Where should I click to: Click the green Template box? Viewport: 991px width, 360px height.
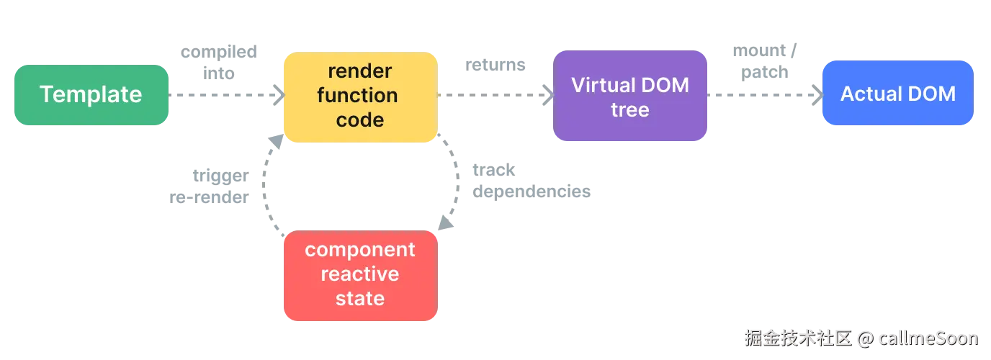(91, 94)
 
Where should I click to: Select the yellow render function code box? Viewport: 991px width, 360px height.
(359, 96)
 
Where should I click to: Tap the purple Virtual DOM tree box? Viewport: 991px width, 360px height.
(630, 96)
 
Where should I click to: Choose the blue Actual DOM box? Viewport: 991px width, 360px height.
(897, 94)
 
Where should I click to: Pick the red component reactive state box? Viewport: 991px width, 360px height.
(359, 274)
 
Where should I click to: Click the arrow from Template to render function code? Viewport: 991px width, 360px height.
(223, 95)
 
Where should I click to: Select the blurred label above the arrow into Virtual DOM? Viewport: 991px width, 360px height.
(495, 66)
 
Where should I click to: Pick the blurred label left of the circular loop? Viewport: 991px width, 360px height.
(210, 187)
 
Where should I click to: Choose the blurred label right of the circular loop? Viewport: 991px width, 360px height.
(532, 181)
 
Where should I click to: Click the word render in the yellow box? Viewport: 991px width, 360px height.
(359, 71)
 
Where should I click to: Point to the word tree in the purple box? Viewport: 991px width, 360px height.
(630, 110)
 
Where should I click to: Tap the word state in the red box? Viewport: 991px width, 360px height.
(359, 298)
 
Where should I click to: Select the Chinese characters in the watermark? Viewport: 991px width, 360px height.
(798, 337)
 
